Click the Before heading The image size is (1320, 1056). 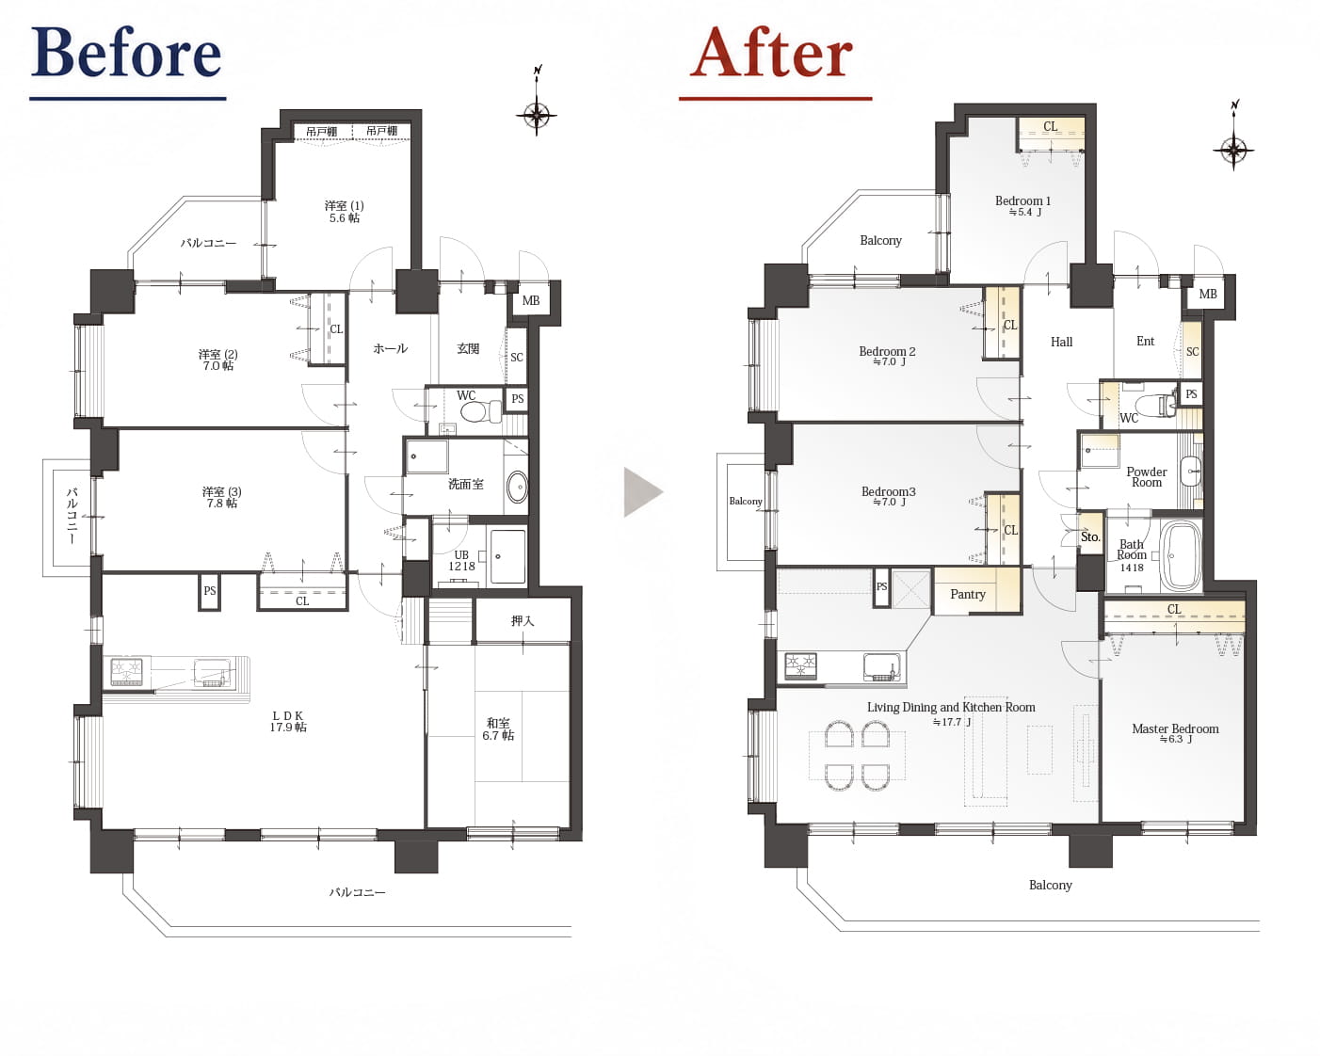pyautogui.click(x=126, y=53)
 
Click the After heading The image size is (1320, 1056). pyautogui.click(x=772, y=53)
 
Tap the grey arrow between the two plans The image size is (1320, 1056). pyautogui.click(x=643, y=492)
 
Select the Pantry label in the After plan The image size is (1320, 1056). pyautogui.click(x=967, y=594)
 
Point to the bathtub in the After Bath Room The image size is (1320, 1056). pyautogui.click(x=1182, y=557)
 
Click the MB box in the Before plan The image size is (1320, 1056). pyautogui.click(x=531, y=300)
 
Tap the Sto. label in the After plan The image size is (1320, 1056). pyautogui.click(x=1090, y=537)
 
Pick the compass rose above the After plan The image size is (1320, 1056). pyautogui.click(x=1233, y=149)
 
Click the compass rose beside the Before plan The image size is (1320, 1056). pyautogui.click(x=537, y=114)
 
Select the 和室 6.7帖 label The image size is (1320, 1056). pyautogui.click(x=498, y=729)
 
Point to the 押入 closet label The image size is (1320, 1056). pyautogui.click(x=522, y=620)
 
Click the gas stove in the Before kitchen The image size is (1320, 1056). pyautogui.click(x=127, y=671)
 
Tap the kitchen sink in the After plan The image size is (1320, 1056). pyautogui.click(x=883, y=667)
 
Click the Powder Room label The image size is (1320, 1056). pyautogui.click(x=1147, y=477)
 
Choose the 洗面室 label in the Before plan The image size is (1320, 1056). pyautogui.click(x=465, y=484)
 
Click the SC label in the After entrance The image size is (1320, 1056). pyautogui.click(x=1192, y=351)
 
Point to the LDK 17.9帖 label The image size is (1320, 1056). pyautogui.click(x=288, y=721)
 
